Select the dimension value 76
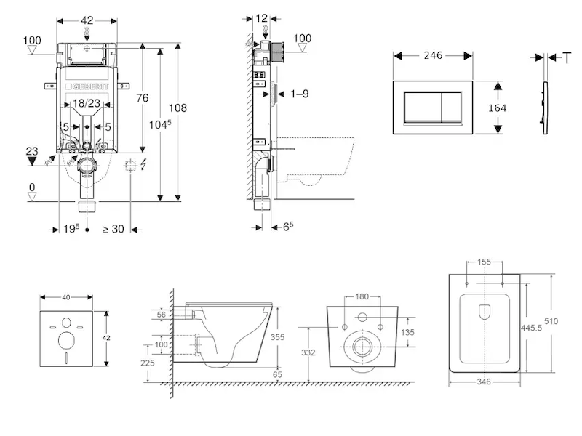[x=143, y=99]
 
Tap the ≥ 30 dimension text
[x=113, y=230]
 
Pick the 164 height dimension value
[x=497, y=107]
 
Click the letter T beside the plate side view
[x=567, y=57]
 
